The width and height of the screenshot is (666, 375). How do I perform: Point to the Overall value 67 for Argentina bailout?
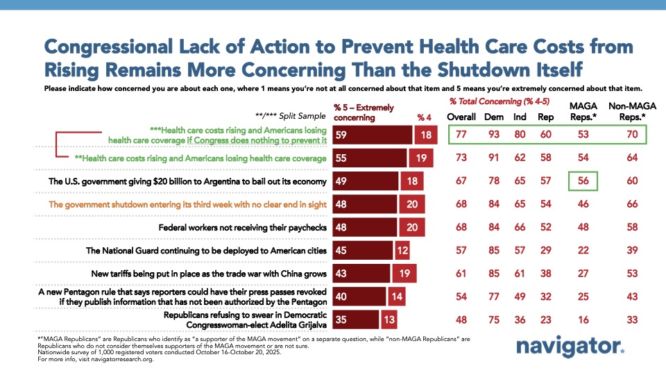[461, 181]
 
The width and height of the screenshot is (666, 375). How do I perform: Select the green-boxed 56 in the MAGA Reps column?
[582, 181]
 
